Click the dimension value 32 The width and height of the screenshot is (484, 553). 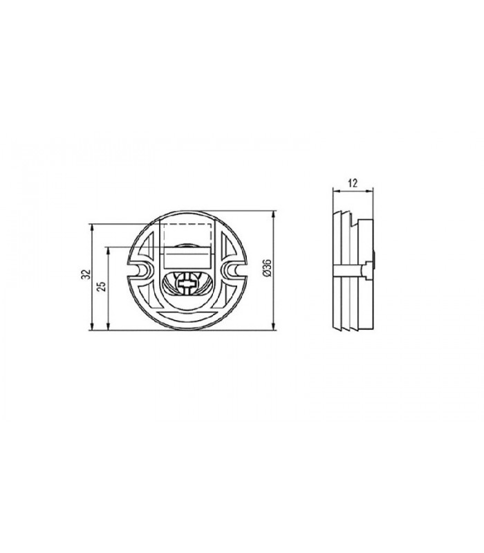86,274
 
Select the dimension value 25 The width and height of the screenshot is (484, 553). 102,286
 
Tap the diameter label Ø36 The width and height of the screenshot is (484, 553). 267,268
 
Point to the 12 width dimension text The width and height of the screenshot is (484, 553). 353,183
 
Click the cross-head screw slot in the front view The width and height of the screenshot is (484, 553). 188,283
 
